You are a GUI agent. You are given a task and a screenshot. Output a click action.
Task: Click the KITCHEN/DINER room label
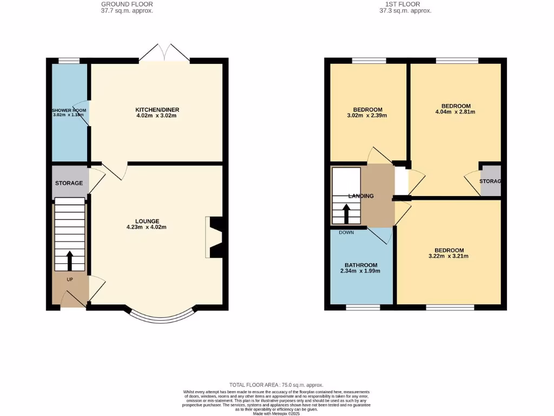point(157,110)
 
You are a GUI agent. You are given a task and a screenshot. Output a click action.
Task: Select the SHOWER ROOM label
point(69,110)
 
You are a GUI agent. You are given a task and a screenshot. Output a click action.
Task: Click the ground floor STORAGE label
point(69,183)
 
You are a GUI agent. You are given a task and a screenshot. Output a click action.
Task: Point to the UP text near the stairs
point(70,279)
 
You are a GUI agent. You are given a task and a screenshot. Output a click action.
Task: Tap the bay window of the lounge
point(161,317)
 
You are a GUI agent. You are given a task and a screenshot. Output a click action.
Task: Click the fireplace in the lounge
point(215,237)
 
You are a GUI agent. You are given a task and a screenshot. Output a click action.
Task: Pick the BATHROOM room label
point(361,265)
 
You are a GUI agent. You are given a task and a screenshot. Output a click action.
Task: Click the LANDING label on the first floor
point(361,196)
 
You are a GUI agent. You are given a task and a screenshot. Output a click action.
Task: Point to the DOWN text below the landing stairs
point(346,232)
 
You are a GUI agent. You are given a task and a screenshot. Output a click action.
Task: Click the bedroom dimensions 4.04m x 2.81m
point(456,112)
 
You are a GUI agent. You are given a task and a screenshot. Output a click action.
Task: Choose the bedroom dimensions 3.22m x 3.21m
point(448,256)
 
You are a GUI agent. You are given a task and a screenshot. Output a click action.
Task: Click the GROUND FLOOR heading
point(127,4)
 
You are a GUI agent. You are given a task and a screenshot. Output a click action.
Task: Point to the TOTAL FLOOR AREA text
point(276,385)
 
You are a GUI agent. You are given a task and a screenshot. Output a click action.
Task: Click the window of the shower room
point(69,61)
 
